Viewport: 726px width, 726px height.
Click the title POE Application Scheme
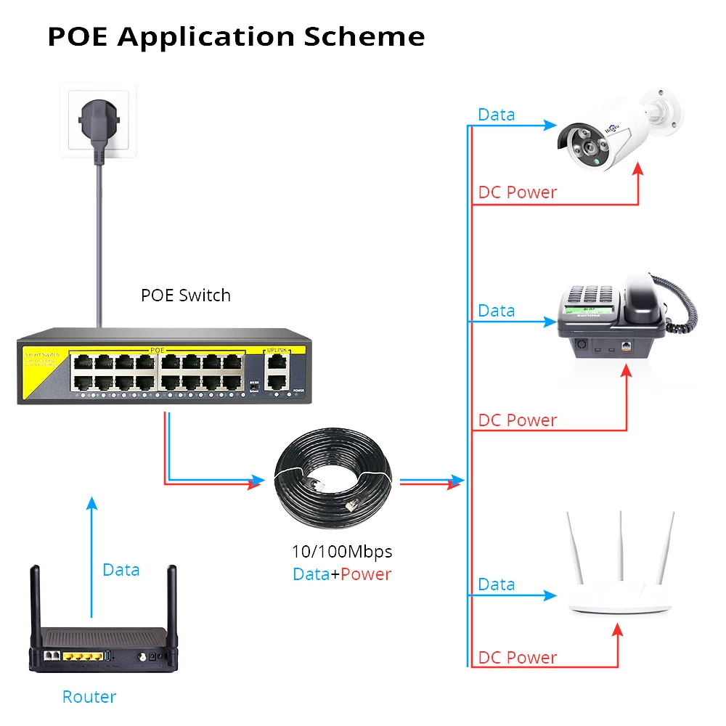236,36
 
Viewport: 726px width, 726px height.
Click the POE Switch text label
186,295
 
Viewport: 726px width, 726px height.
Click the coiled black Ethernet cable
333,480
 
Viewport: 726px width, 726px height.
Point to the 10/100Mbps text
341,551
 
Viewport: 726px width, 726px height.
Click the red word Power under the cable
366,574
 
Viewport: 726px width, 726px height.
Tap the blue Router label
89,697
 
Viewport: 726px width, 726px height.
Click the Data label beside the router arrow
121,570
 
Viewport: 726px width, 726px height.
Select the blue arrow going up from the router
91,559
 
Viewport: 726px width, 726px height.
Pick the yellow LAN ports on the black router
82,656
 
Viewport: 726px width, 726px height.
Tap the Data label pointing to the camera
497,115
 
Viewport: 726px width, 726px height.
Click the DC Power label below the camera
517,192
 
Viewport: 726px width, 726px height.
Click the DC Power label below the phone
517,420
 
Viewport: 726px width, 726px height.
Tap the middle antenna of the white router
621,552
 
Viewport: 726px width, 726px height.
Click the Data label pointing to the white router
497,584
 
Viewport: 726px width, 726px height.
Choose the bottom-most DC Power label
517,658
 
